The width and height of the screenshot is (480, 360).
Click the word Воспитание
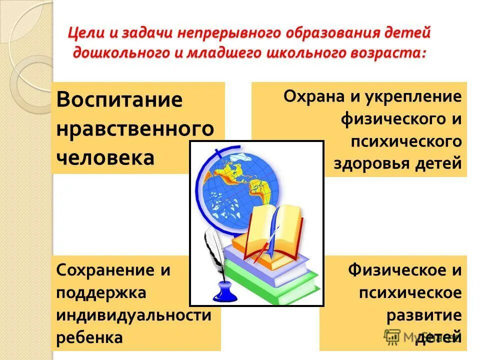click(119, 99)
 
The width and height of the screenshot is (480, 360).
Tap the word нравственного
click(135, 129)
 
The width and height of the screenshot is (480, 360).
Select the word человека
click(105, 158)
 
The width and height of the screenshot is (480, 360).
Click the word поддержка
click(101, 292)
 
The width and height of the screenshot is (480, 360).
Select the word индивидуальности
click(133, 315)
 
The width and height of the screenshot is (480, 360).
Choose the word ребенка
click(89, 337)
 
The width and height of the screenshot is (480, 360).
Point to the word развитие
click(424, 315)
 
